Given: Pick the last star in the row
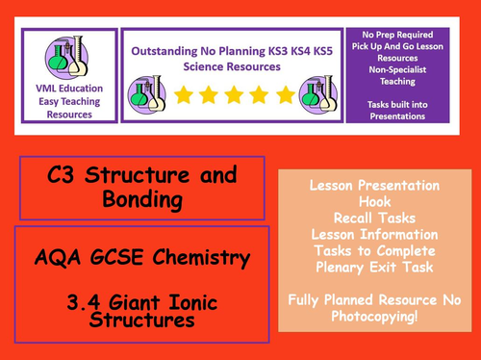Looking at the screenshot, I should (x=285, y=94).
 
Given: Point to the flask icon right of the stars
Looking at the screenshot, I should (x=317, y=94).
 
